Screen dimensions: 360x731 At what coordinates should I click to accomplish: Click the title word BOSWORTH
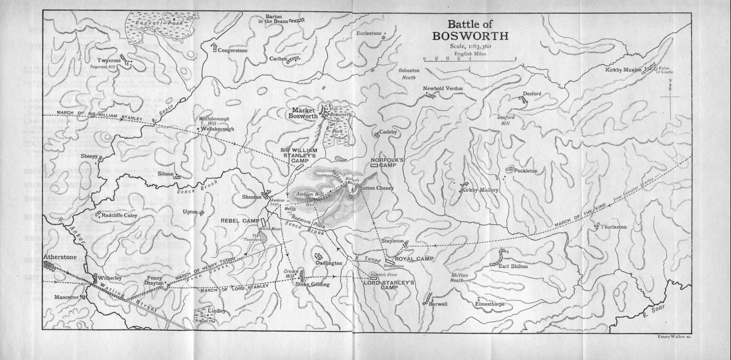click(x=464, y=36)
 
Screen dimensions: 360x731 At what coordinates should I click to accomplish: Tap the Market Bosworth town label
click(x=303, y=113)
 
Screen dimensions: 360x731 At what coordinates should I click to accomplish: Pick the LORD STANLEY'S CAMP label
click(x=389, y=285)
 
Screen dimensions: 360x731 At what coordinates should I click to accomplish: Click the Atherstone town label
click(x=59, y=257)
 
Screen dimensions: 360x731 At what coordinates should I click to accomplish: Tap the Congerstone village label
click(x=233, y=50)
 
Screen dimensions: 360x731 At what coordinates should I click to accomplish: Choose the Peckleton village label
click(x=526, y=171)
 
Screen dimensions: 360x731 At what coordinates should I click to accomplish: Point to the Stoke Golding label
click(x=312, y=284)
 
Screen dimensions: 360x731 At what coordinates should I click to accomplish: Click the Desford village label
click(x=532, y=94)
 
